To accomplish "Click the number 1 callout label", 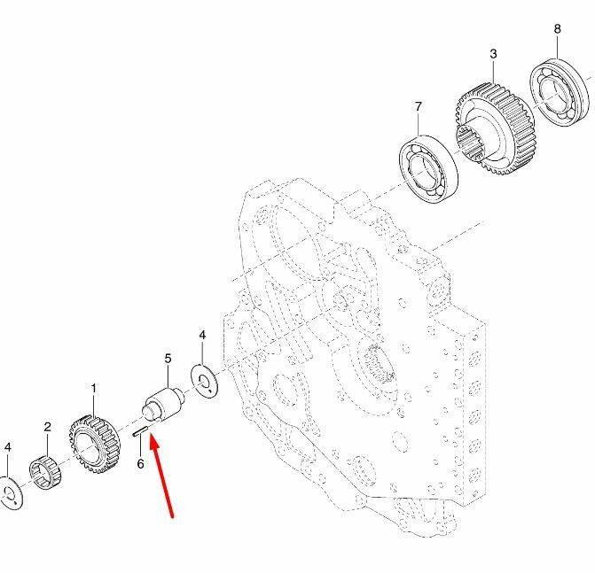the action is point(94,388).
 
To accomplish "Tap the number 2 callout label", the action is point(47,427).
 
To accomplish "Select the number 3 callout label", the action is point(493,53).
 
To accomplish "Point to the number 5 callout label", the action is point(168,358).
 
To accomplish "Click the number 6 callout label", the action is point(140,463).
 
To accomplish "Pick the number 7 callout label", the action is point(419,106).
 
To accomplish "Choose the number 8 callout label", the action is point(557,28).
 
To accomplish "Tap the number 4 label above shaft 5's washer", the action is point(202,335).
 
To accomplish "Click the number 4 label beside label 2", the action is point(8,447).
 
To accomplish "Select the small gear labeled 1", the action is point(95,445).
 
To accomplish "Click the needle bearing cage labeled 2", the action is point(45,473).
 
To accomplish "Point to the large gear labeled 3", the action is point(495,128).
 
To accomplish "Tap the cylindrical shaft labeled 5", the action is point(163,404).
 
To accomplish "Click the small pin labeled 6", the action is point(140,431).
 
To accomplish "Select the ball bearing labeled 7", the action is point(428,168).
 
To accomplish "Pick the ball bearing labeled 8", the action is point(559,92).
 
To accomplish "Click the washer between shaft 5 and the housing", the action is point(205,381).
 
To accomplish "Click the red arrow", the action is point(161,476).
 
